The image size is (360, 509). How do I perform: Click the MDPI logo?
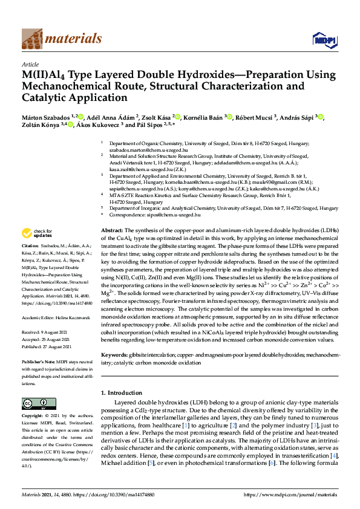coord(324,41)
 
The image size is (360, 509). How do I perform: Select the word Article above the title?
coord(30,63)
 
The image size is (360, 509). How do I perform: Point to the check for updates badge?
coord(38,233)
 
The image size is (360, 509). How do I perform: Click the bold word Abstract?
coord(111,231)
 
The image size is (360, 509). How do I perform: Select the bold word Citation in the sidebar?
coord(30,246)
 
